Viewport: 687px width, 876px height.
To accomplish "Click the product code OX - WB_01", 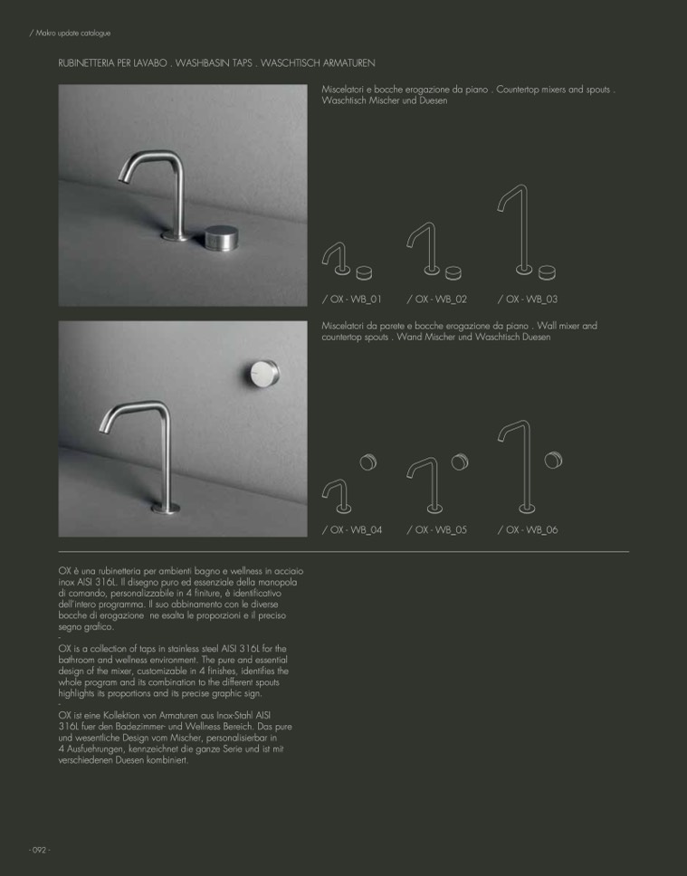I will tap(352, 299).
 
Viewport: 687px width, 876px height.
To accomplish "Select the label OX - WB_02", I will tap(437, 299).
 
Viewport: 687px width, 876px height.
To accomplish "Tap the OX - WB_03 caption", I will tap(528, 299).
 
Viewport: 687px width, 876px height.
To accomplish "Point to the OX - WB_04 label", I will tap(352, 529).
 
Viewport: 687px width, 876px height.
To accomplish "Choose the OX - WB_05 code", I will tap(437, 529).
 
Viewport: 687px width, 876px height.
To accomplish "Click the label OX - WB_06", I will tap(528, 529).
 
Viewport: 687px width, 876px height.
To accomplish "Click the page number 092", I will tap(39, 850).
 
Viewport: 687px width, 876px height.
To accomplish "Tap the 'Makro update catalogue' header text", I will tap(71, 33).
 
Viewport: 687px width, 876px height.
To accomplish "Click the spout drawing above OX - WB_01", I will tap(337, 258).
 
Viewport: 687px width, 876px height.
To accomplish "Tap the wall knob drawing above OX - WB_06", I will tap(554, 461).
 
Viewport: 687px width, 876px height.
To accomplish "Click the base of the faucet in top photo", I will tap(171, 237).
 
